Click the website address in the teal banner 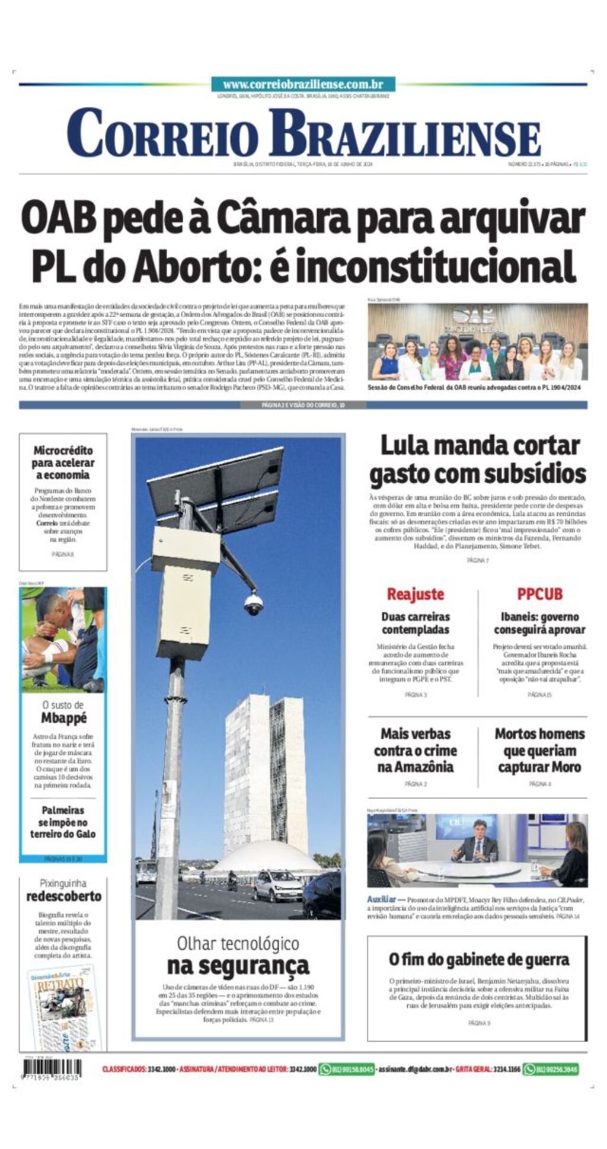point(303,85)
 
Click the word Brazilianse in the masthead point(404,134)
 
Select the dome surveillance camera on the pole point(254,604)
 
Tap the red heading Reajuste point(415,593)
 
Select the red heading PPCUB point(539,593)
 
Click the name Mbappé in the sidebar point(63,718)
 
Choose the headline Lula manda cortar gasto point(477,459)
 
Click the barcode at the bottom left point(51,1070)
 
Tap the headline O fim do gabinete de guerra point(478,959)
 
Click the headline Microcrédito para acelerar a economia point(63,462)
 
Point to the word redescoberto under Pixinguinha point(63,896)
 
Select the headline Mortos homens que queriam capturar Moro point(539,750)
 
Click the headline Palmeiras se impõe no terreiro point(63,822)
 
